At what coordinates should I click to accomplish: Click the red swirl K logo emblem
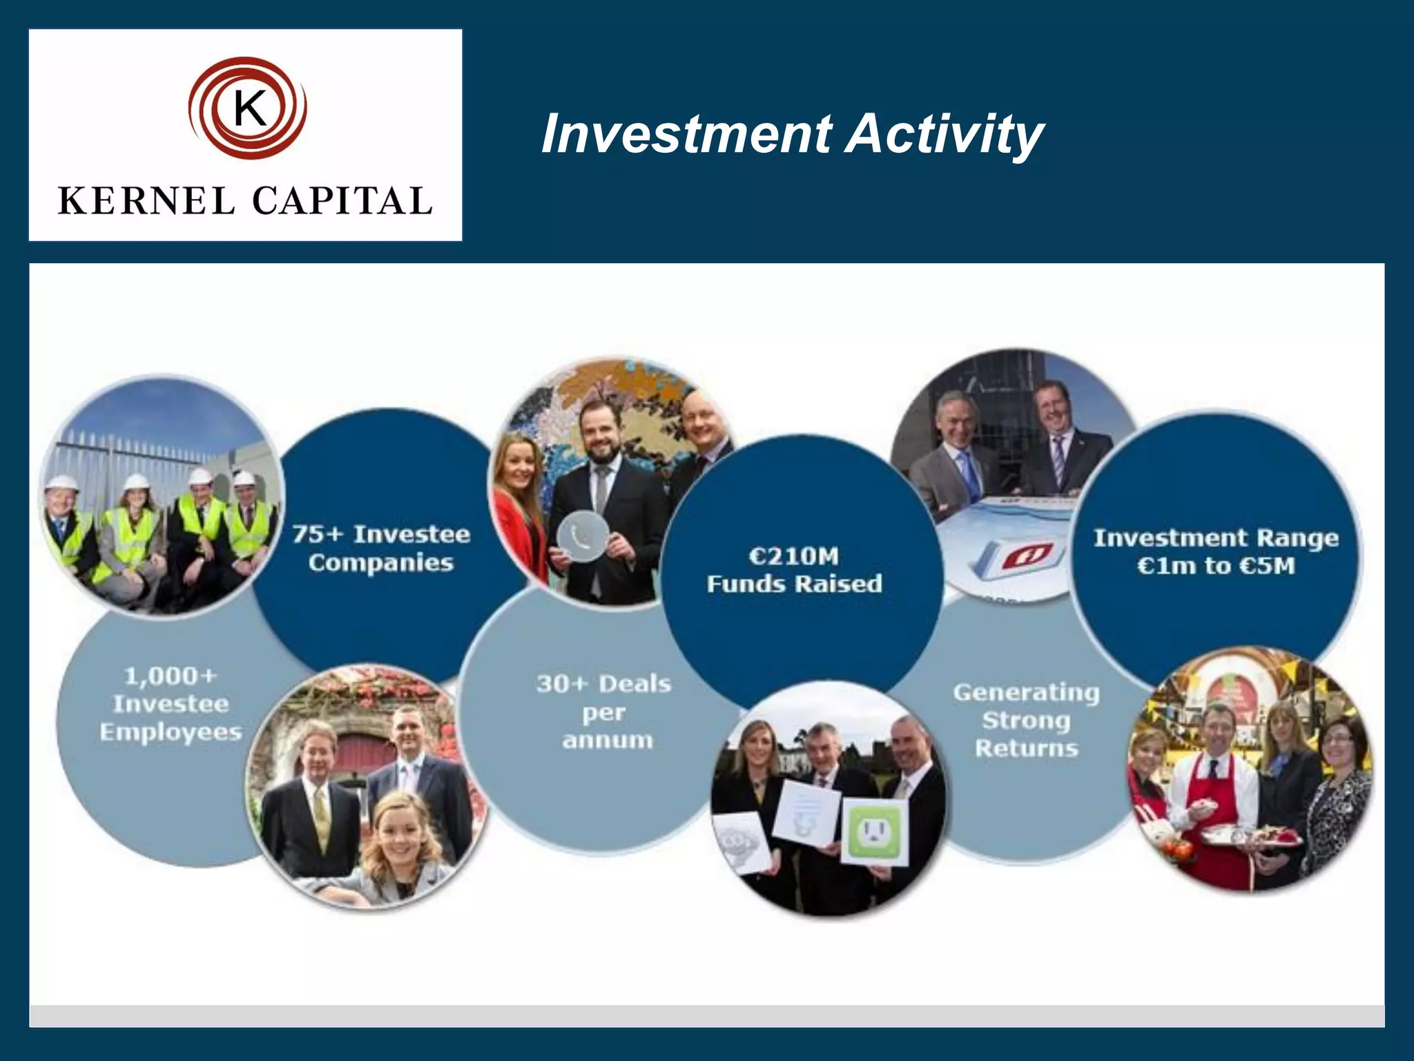(247, 108)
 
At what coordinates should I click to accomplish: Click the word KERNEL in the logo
(146, 202)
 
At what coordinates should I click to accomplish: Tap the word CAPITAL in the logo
(342, 202)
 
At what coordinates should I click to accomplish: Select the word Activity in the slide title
(945, 134)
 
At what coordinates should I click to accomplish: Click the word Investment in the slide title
(687, 134)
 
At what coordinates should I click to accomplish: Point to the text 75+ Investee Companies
(381, 548)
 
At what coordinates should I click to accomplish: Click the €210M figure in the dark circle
(794, 556)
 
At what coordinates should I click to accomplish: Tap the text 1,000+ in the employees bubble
(171, 676)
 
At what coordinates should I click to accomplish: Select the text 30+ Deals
(604, 684)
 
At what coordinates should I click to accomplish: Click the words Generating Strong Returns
(1027, 720)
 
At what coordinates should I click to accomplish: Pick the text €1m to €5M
(1216, 566)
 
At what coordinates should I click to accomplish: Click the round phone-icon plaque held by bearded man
(583, 536)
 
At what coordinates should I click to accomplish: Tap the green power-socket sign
(873, 831)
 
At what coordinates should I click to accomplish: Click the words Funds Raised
(794, 584)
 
